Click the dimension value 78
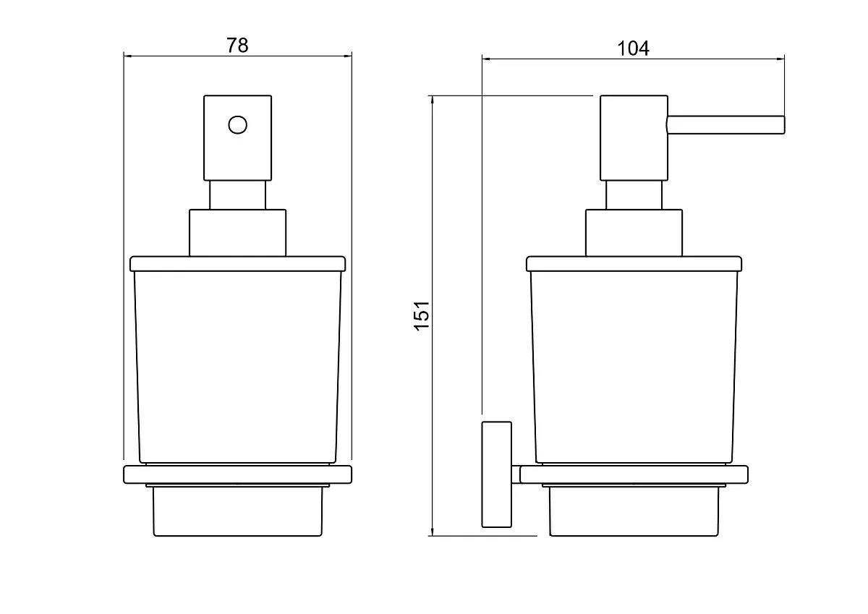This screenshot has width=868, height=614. click(237, 46)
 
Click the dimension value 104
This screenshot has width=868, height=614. click(633, 48)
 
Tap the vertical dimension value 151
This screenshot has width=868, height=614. click(422, 316)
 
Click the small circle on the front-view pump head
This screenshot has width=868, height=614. click(237, 124)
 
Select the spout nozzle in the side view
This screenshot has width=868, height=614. click(726, 125)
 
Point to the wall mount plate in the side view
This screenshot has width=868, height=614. click(496, 474)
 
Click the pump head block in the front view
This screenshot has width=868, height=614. click(237, 138)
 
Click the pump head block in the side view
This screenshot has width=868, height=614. click(634, 138)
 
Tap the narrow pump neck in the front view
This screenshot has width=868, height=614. click(237, 195)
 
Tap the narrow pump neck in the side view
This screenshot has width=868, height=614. click(634, 195)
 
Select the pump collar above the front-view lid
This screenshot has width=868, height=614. click(237, 233)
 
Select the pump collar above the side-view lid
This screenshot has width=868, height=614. click(634, 233)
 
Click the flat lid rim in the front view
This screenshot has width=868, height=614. click(237, 264)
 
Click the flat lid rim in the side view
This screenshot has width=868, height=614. click(634, 264)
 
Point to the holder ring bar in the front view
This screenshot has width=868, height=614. click(237, 474)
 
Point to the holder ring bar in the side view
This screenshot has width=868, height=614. click(634, 474)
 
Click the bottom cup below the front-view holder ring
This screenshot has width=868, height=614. click(237, 511)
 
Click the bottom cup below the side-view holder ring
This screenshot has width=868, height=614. click(634, 511)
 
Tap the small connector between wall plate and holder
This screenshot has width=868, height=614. click(516, 474)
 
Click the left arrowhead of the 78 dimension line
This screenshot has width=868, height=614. click(128, 56)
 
